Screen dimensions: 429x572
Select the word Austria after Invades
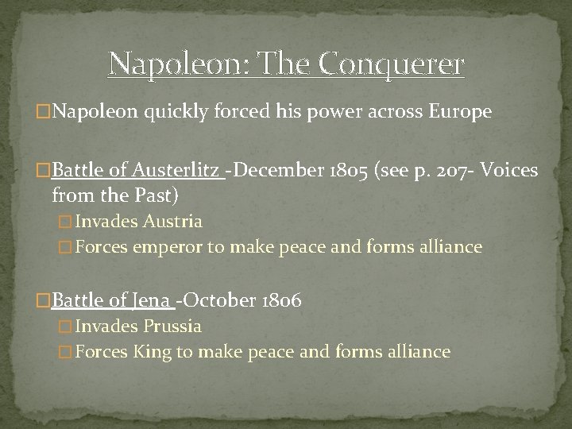click(x=174, y=221)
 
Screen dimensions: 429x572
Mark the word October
click(x=220, y=300)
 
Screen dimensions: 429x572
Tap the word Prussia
click(x=173, y=326)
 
